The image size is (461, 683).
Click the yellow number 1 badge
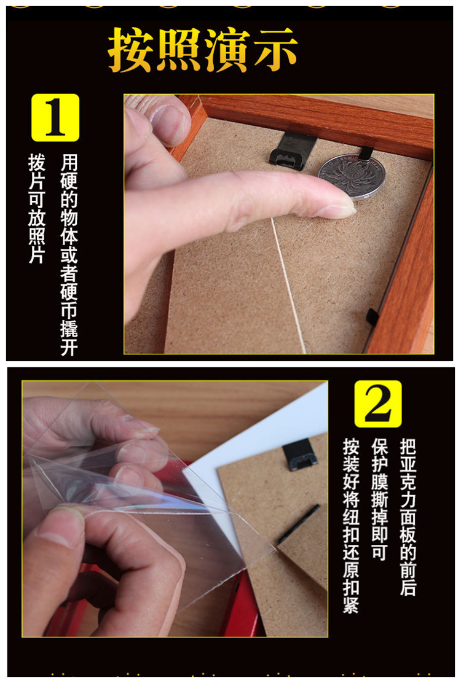point(55,117)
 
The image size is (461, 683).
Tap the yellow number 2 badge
point(378,404)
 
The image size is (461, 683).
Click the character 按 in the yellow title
point(132,49)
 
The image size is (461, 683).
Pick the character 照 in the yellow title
point(179,49)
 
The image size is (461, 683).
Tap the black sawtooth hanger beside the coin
point(293,150)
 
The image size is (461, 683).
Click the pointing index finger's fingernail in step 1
point(337,209)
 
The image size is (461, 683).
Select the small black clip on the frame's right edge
point(372,317)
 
